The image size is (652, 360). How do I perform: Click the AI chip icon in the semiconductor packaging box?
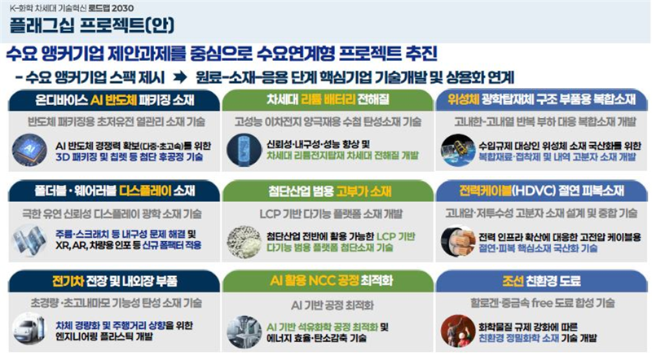point(31,151)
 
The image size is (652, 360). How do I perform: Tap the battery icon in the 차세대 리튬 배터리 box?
point(244,151)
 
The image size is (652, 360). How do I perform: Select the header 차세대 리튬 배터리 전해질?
point(325,100)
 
